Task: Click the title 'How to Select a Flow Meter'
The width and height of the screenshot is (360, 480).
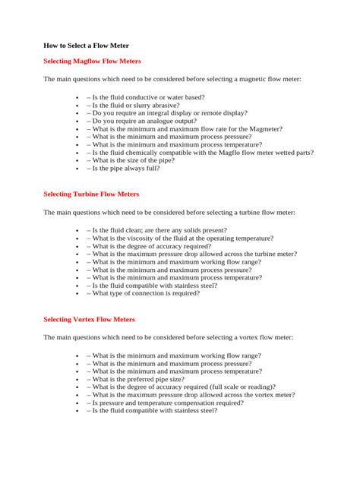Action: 86,46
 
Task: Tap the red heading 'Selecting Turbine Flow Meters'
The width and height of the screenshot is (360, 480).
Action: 91,194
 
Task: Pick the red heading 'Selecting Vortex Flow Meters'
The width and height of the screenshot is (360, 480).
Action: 89,319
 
